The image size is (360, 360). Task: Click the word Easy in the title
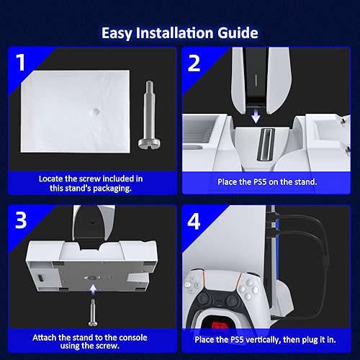[117, 33]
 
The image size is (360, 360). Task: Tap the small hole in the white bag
[96, 113]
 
